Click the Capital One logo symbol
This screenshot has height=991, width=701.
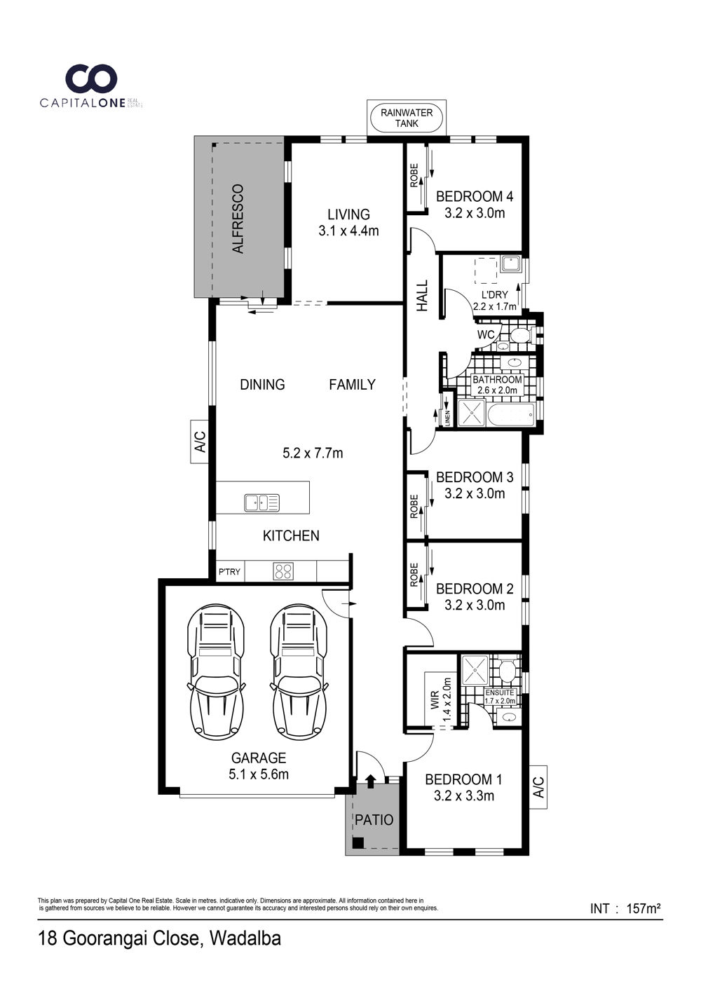91,78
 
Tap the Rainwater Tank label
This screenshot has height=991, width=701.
407,118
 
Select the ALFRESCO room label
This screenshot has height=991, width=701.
238,219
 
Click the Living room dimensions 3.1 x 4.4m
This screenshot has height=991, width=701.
348,231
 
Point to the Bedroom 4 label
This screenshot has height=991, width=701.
475,196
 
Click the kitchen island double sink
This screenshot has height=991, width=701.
261,503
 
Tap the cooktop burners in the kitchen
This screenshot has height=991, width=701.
283,571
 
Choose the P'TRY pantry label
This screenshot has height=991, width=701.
229,572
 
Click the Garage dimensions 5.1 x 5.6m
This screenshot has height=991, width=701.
259,774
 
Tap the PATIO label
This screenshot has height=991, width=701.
374,819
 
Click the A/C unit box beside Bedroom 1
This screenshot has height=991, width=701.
538,787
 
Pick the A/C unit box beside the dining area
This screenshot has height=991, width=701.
200,442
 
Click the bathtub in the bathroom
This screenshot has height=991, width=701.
511,414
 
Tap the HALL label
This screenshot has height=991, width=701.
422,295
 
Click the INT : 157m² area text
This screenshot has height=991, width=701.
625,909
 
